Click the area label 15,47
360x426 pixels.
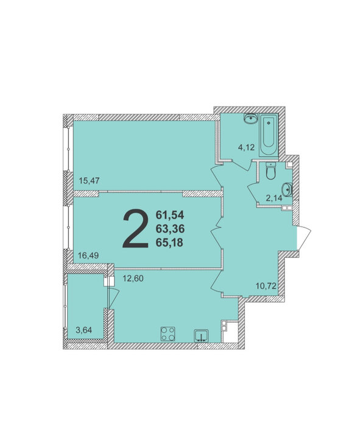(89, 180)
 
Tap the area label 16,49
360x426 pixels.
(88, 256)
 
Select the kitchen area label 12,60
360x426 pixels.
(133, 278)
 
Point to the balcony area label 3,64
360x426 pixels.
(83, 330)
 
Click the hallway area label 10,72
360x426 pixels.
(266, 285)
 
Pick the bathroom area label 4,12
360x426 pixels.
(246, 147)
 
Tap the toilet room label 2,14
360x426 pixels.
(274, 198)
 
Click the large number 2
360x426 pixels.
(136, 229)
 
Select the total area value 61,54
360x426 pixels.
(170, 215)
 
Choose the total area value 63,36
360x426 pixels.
(170, 229)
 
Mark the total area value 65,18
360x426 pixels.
(170, 242)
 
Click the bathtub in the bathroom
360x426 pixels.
(269, 135)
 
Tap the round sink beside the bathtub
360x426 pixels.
(251, 119)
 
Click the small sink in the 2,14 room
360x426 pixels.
(287, 189)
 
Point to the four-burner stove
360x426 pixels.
(168, 334)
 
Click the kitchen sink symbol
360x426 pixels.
(201, 335)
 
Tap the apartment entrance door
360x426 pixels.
(304, 238)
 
